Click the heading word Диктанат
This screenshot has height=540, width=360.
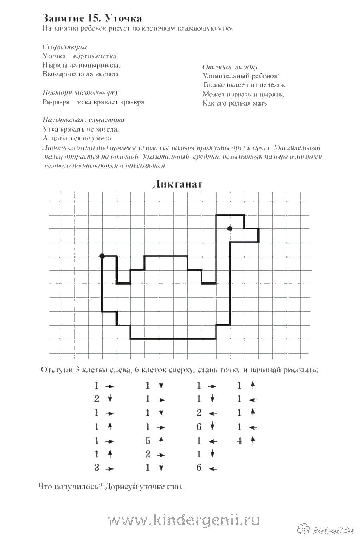tap(178, 184)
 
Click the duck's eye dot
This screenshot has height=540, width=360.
tap(230, 228)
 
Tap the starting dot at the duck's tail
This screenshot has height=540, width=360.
tap(102, 256)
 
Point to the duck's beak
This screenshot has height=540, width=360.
tap(252, 235)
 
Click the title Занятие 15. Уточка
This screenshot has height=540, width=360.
tap(92, 18)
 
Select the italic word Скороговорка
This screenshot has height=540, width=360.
tap(65, 47)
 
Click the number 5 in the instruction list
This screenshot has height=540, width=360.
tap(148, 440)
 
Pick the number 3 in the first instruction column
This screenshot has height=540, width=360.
tap(97, 468)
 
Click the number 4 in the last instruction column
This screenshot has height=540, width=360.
tap(239, 440)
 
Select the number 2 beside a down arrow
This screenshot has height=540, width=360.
tap(97, 399)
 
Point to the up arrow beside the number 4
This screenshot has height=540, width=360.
tap(252, 440)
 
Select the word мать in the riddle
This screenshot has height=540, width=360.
tap(260, 103)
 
